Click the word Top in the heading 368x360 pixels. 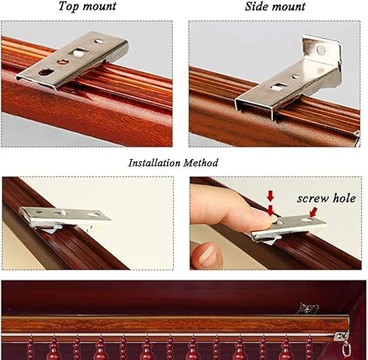click(68, 6)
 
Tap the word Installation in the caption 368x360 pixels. click(155, 163)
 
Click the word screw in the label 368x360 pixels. click(313, 199)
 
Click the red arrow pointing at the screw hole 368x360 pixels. click(314, 212)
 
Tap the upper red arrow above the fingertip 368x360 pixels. click(270, 196)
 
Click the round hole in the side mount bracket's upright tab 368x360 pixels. click(321, 50)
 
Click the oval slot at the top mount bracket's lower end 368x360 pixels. click(45, 72)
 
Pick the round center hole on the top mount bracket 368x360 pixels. click(62, 61)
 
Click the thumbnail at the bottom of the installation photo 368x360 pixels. click(206, 255)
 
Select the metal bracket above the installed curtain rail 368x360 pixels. click(307, 308)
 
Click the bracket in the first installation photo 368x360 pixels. click(65, 218)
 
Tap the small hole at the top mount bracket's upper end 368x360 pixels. click(99, 41)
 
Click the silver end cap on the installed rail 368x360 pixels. click(342, 336)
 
